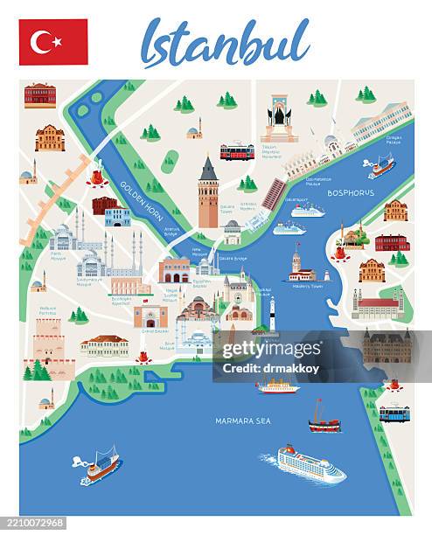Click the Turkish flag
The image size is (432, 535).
53,42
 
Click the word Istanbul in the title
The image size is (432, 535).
225,43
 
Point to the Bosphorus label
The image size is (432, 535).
351,192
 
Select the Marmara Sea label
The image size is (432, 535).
243,420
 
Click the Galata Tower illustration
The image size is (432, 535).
208,193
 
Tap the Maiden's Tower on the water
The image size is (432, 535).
299,265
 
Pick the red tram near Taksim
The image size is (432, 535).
237,152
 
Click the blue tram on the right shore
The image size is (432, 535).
394,413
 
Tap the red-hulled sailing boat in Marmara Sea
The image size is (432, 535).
324,419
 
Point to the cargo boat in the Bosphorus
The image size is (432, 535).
381,166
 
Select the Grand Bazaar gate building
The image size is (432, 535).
150,316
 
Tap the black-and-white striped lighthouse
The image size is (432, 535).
271,314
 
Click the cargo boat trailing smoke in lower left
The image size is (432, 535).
100,465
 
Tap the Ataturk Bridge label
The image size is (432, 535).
171,232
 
